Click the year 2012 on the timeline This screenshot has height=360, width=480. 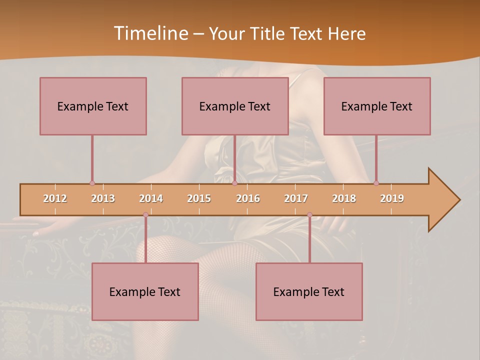click(55, 198)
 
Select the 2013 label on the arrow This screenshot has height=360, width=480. click(103, 198)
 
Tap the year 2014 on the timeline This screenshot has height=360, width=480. click(151, 198)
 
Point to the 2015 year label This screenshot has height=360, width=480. click(199, 198)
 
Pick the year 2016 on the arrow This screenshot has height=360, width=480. click(248, 198)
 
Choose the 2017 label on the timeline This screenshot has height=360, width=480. click(296, 198)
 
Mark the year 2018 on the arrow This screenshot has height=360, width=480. click(344, 198)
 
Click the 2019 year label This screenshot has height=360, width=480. click(392, 198)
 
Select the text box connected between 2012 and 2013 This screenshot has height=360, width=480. click(93, 106)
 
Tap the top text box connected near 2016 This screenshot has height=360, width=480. click(235, 106)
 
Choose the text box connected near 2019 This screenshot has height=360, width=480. click(377, 106)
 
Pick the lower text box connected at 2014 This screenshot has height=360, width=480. click(145, 291)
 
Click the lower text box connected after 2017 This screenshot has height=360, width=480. click(309, 291)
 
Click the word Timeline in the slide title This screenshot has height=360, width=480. click(149, 33)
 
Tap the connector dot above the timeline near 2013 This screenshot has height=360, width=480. click(92, 183)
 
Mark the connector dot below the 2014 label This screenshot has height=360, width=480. click(145, 215)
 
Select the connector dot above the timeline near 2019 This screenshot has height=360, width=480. click(376, 183)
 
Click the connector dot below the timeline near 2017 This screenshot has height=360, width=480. click(309, 215)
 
